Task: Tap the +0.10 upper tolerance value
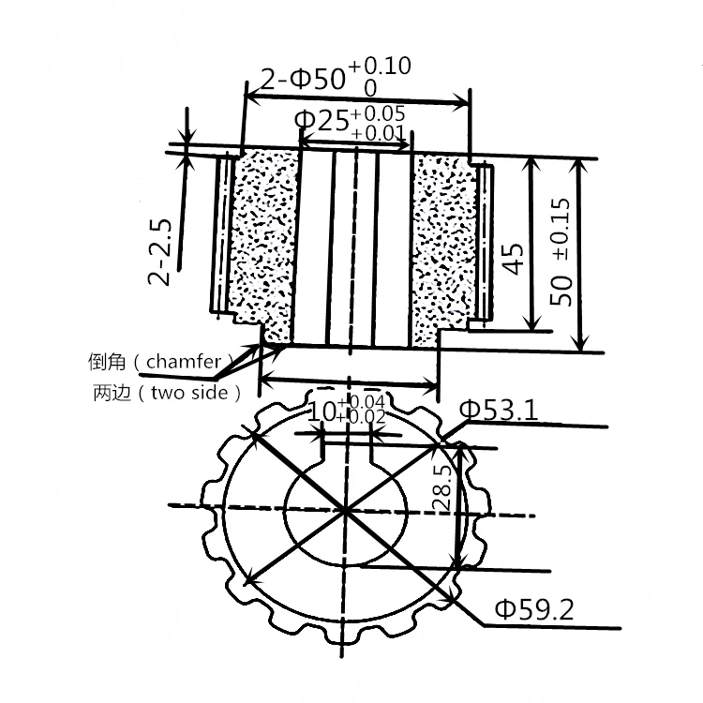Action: [x=380, y=66]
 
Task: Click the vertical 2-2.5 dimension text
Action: [x=160, y=251]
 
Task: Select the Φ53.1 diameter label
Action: [x=497, y=410]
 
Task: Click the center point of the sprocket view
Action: [x=346, y=512]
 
